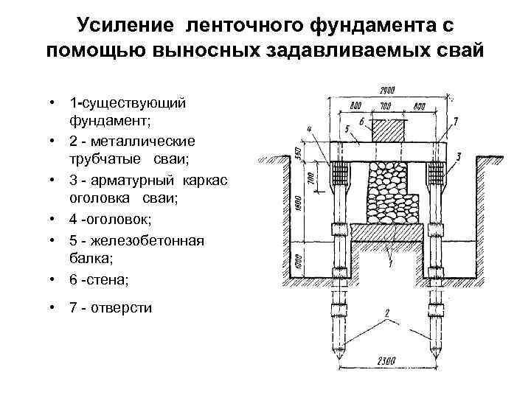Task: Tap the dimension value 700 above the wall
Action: coord(385,105)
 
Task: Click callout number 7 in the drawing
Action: coord(457,120)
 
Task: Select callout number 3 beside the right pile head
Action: coord(459,156)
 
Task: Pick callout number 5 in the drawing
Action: coord(347,128)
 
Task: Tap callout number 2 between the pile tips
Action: coord(386,313)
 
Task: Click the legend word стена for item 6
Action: coord(108,279)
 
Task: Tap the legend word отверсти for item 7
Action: coord(121,307)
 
